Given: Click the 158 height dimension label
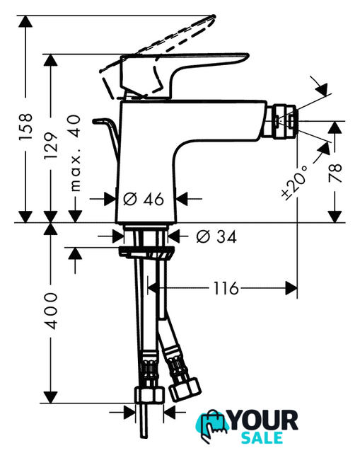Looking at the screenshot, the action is [25, 127].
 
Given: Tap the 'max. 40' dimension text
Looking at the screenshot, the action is [75, 153].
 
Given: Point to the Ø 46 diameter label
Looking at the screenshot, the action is [144, 199].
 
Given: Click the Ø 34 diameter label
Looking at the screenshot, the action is [216, 236].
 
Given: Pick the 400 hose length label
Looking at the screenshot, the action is [51, 311].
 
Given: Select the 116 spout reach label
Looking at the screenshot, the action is [226, 288].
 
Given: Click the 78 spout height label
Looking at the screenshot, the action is [335, 173].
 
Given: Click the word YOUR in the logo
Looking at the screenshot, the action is [264, 420].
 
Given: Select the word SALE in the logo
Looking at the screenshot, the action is [262, 437].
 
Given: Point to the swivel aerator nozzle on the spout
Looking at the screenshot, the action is [284, 121].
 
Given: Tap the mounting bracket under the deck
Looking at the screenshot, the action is [146, 252].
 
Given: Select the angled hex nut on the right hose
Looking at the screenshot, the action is [185, 390].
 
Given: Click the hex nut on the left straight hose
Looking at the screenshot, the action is [149, 396].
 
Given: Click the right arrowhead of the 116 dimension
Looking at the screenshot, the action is [291, 288].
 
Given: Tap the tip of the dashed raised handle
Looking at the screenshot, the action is [214, 16].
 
